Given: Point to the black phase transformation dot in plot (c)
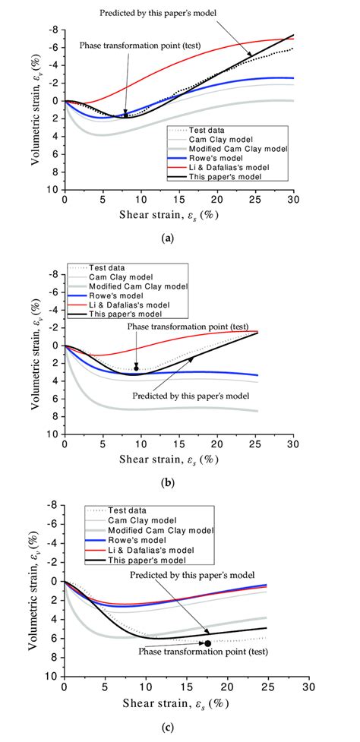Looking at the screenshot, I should (x=207, y=643).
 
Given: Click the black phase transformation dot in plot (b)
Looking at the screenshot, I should (x=137, y=368).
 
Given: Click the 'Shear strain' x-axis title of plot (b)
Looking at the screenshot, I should (x=179, y=459).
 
